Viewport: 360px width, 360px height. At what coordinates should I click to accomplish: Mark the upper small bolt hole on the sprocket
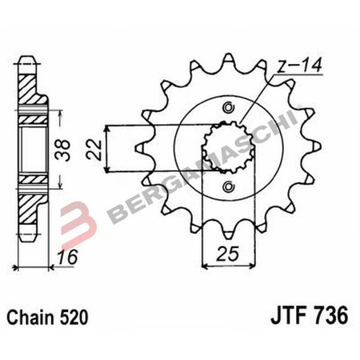(x=230, y=110)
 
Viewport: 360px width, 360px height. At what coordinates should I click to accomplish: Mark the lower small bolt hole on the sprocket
(x=230, y=186)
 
